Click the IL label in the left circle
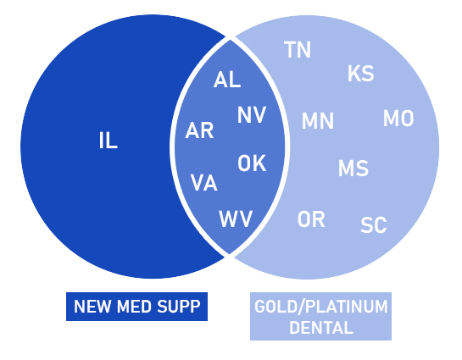tap(109, 141)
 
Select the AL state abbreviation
tap(227, 80)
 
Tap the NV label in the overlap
tap(252, 115)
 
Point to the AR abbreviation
tap(199, 130)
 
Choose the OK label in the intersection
tap(252, 163)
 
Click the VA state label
tap(204, 182)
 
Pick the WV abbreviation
tap(236, 219)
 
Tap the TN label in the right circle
tap(298, 50)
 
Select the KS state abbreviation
tap(360, 74)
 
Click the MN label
tap(318, 120)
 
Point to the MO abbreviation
tap(398, 119)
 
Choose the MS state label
tap(353, 168)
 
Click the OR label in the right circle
tap(311, 219)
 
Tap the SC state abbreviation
tap(374, 225)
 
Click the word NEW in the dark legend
tap(92, 307)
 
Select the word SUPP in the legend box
tap(179, 307)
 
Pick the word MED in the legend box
tap(134, 307)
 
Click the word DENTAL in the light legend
tap(321, 327)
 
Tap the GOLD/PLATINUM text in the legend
tap(321, 306)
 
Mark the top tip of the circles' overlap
tap(230, 39)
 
